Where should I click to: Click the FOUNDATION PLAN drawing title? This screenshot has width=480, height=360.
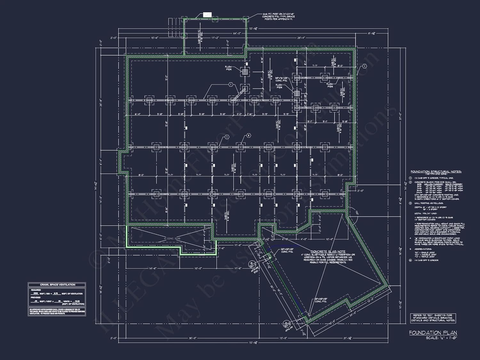click(433, 333)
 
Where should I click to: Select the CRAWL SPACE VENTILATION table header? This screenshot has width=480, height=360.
click(57, 285)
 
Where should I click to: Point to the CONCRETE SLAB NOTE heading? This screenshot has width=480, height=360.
click(328, 252)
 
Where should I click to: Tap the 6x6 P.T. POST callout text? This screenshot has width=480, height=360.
click(278, 17)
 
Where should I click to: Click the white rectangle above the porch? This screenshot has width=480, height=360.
click(207, 14)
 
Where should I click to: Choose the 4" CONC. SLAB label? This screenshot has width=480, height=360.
click(172, 238)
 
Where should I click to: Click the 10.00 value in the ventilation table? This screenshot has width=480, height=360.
click(77, 301)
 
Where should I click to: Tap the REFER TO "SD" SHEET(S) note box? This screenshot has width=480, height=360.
click(433, 318)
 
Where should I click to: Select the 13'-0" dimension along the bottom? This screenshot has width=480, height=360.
click(284, 338)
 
